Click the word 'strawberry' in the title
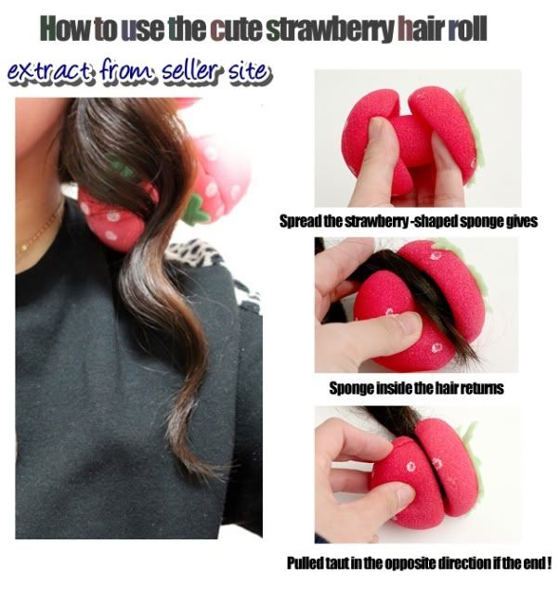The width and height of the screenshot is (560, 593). (331, 29)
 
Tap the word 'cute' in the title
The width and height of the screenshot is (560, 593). (236, 29)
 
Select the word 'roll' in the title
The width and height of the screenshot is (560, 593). (467, 29)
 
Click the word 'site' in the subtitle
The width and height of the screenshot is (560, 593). (250, 71)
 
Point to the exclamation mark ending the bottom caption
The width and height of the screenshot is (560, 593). (548, 562)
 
